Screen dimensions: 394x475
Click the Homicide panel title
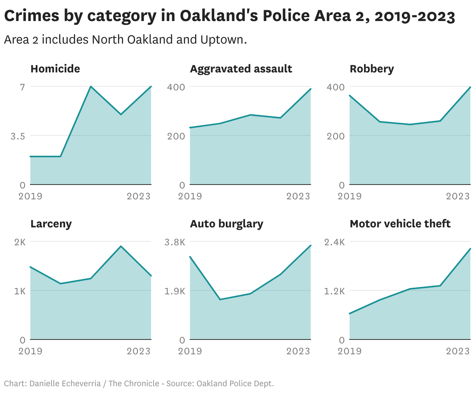coord(55,69)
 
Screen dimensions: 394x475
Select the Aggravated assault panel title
coord(241,69)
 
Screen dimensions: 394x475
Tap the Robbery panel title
coord(371,69)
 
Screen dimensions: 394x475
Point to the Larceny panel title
coord(51,224)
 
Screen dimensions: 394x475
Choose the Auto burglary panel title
coord(226,224)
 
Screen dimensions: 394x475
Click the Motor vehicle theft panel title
coord(400,224)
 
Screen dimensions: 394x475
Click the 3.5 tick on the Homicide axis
coord(18,136)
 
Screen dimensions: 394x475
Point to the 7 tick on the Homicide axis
coord(23,87)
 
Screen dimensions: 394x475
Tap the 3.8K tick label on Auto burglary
coord(175,242)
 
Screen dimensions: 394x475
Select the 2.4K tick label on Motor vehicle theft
coord(334,242)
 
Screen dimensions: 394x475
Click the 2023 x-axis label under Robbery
coord(458,196)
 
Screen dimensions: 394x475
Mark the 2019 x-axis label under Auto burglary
coord(190,351)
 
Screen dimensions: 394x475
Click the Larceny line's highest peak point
coord(121,246)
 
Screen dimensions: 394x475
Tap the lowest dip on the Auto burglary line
coord(220,299)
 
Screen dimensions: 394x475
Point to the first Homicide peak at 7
coord(90,86)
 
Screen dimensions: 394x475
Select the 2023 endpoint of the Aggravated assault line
coord(310,89)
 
